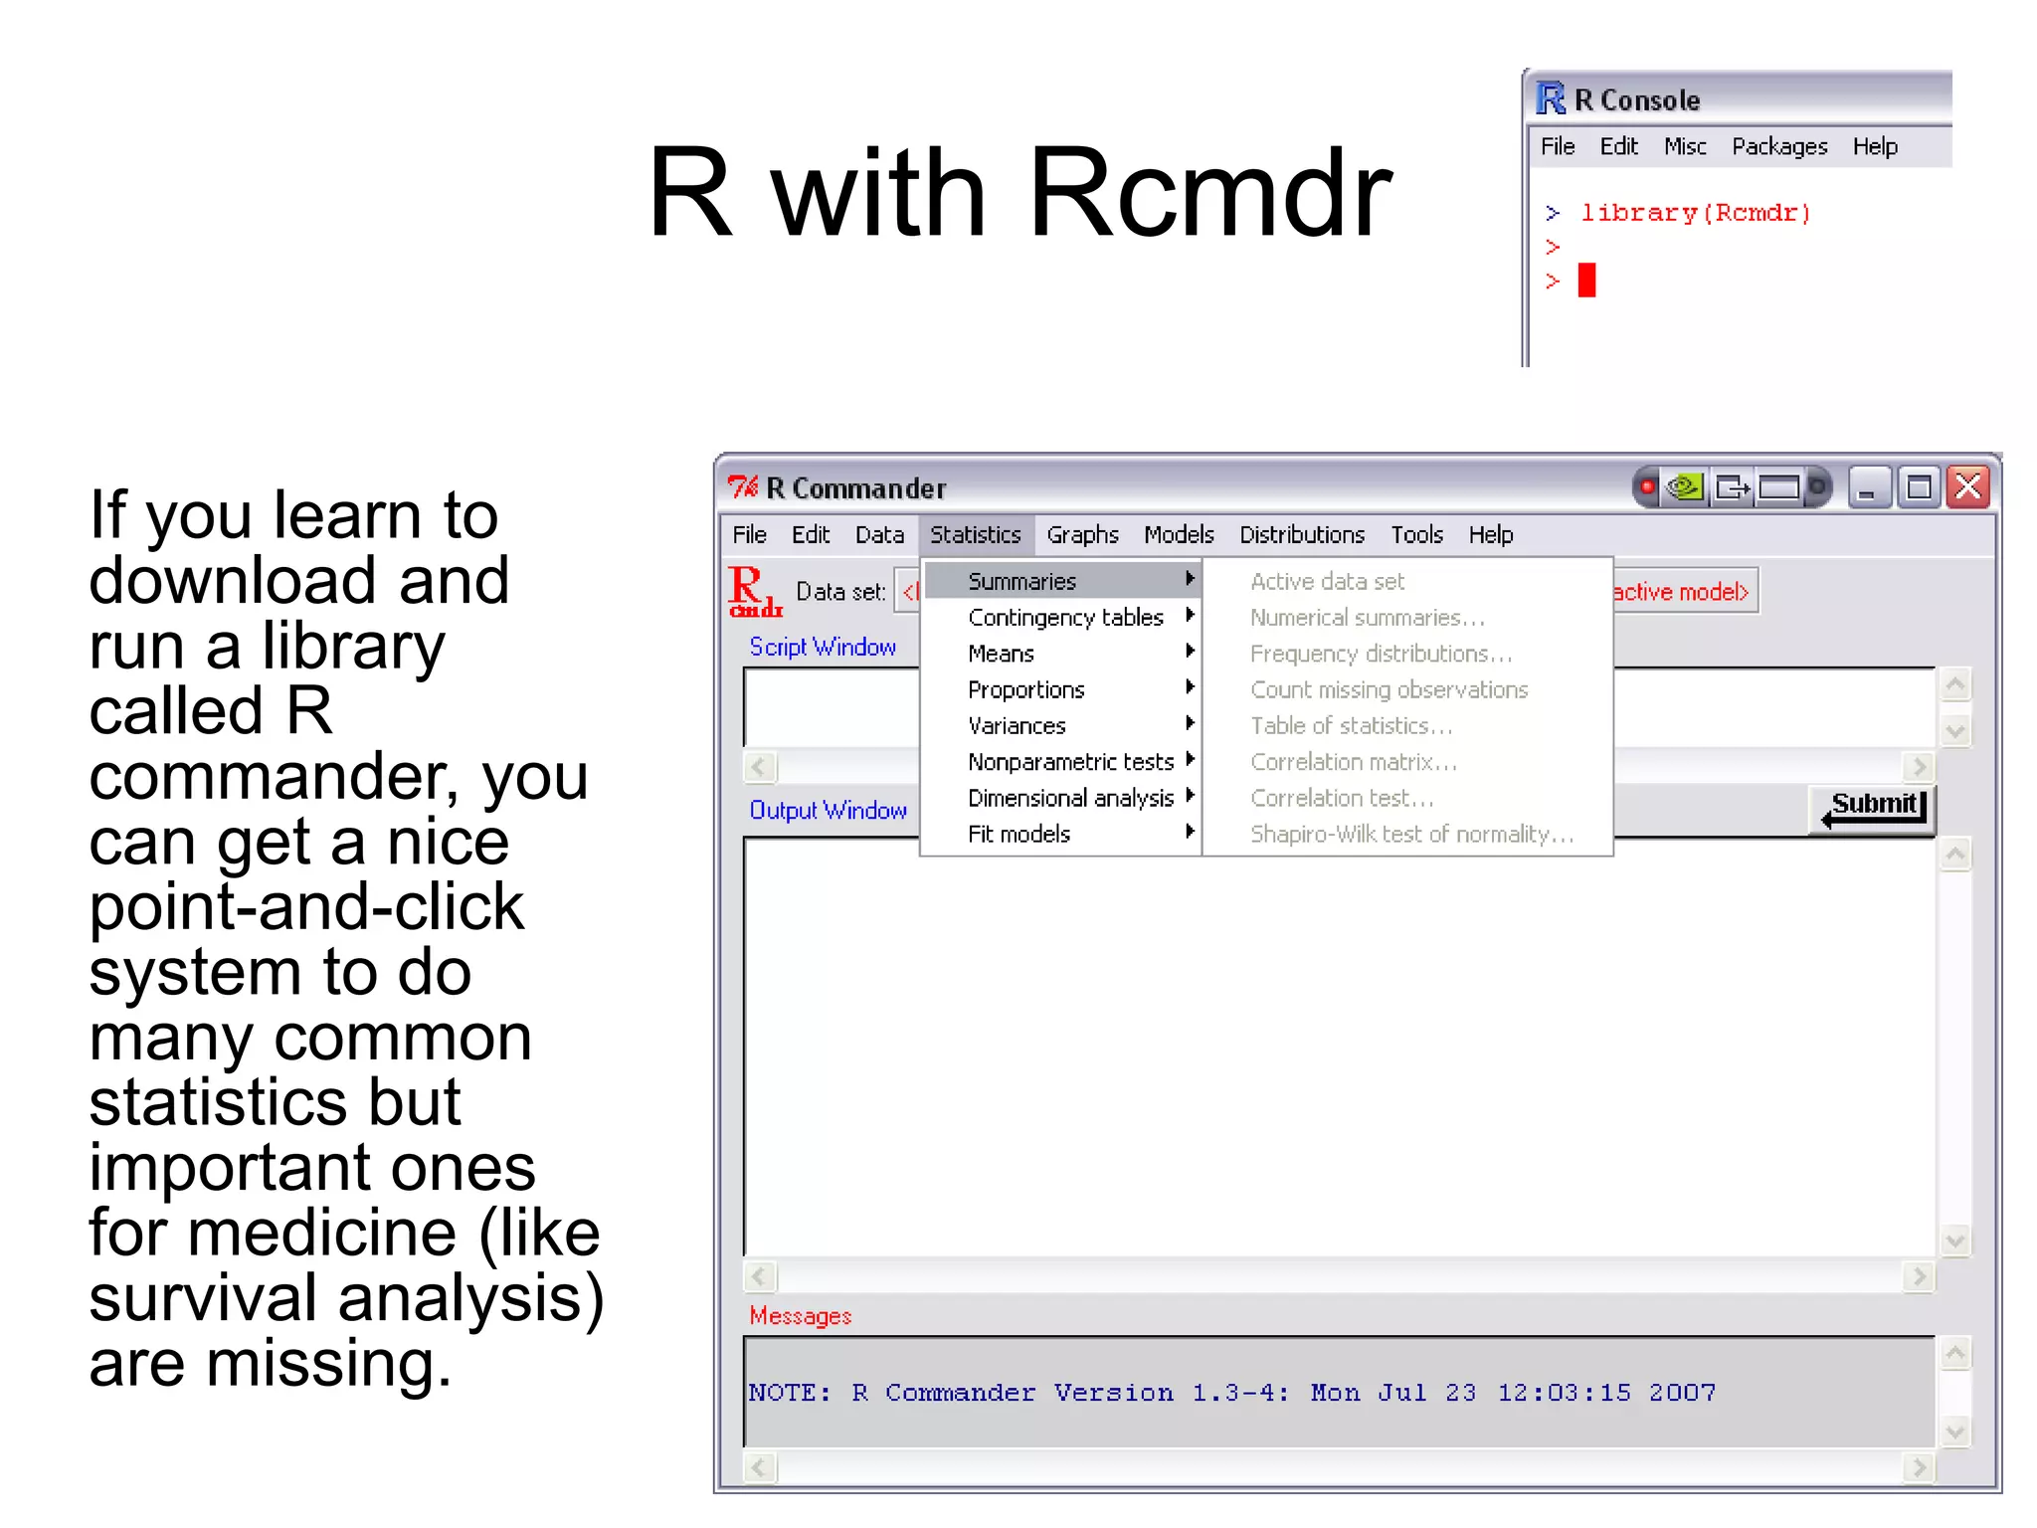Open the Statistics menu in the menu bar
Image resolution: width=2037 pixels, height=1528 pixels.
[x=975, y=535]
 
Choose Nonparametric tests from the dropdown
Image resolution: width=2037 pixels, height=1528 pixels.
[x=1070, y=762]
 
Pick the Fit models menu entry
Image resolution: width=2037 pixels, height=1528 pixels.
[x=1018, y=834]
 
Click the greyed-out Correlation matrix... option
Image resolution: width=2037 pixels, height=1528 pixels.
[x=1353, y=762]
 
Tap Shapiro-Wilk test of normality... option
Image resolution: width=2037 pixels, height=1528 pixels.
[x=1410, y=834]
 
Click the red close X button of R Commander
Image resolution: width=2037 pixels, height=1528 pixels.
[x=1967, y=487]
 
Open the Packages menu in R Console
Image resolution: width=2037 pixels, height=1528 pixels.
[x=1778, y=147]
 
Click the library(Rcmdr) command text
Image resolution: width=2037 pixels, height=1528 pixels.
[x=1695, y=213]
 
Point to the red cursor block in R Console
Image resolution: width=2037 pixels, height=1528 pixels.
[x=1586, y=280]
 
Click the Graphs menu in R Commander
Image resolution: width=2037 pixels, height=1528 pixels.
[x=1082, y=535]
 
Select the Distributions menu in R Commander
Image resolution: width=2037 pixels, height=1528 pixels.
[x=1301, y=535]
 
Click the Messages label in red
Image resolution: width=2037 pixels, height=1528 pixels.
[x=800, y=1316]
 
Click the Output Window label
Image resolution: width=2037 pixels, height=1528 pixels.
[x=828, y=811]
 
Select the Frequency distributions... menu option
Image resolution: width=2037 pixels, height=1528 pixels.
[x=1381, y=654]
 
